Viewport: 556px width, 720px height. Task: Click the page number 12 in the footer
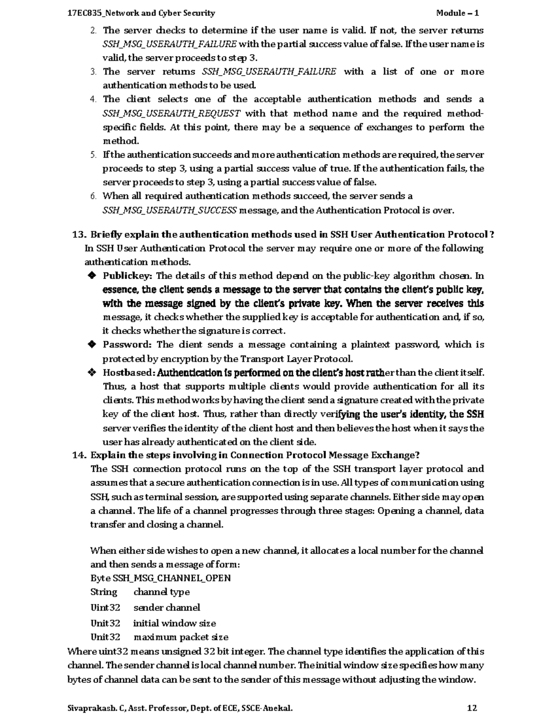pos(472,708)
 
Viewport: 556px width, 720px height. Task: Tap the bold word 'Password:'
pos(127,344)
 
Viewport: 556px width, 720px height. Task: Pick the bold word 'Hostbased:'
pos(128,372)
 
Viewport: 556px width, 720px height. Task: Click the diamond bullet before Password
pos(92,344)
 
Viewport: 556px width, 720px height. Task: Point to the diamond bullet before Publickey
pos(92,276)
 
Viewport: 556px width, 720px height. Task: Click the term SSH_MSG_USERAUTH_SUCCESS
pos(170,210)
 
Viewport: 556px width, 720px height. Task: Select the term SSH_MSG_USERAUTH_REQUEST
pos(171,114)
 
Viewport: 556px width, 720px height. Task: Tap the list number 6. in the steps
pos(93,196)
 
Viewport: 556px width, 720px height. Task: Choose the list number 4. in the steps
pos(93,99)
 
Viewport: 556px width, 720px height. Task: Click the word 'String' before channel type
pos(104,592)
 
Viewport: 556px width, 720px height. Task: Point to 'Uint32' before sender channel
pos(105,607)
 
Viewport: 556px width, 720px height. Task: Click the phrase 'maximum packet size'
pos(181,637)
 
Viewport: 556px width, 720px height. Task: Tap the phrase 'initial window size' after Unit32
pos(174,623)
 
